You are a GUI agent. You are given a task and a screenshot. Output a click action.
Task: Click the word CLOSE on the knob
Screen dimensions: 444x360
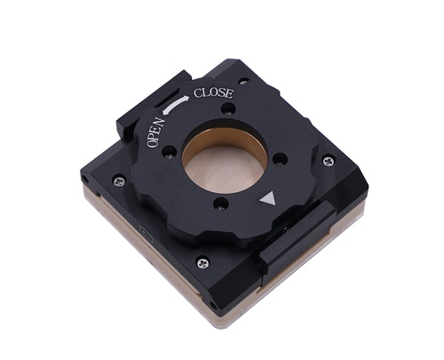pos(213,93)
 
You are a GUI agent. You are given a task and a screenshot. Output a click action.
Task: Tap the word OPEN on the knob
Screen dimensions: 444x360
pos(155,132)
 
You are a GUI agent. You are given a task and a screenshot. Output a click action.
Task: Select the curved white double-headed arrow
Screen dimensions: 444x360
pos(176,105)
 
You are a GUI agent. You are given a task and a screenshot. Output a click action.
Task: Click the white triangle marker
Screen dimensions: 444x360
pos(268,199)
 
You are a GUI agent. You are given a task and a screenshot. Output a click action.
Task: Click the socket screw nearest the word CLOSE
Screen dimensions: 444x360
pos(228,108)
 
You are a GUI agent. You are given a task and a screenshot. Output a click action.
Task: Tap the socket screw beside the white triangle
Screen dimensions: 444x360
pos(221,204)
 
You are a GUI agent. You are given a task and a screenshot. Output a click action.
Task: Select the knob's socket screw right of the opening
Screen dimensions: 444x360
pos(279,158)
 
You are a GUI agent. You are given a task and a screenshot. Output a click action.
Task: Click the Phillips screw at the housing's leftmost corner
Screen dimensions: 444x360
pos(119,180)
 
